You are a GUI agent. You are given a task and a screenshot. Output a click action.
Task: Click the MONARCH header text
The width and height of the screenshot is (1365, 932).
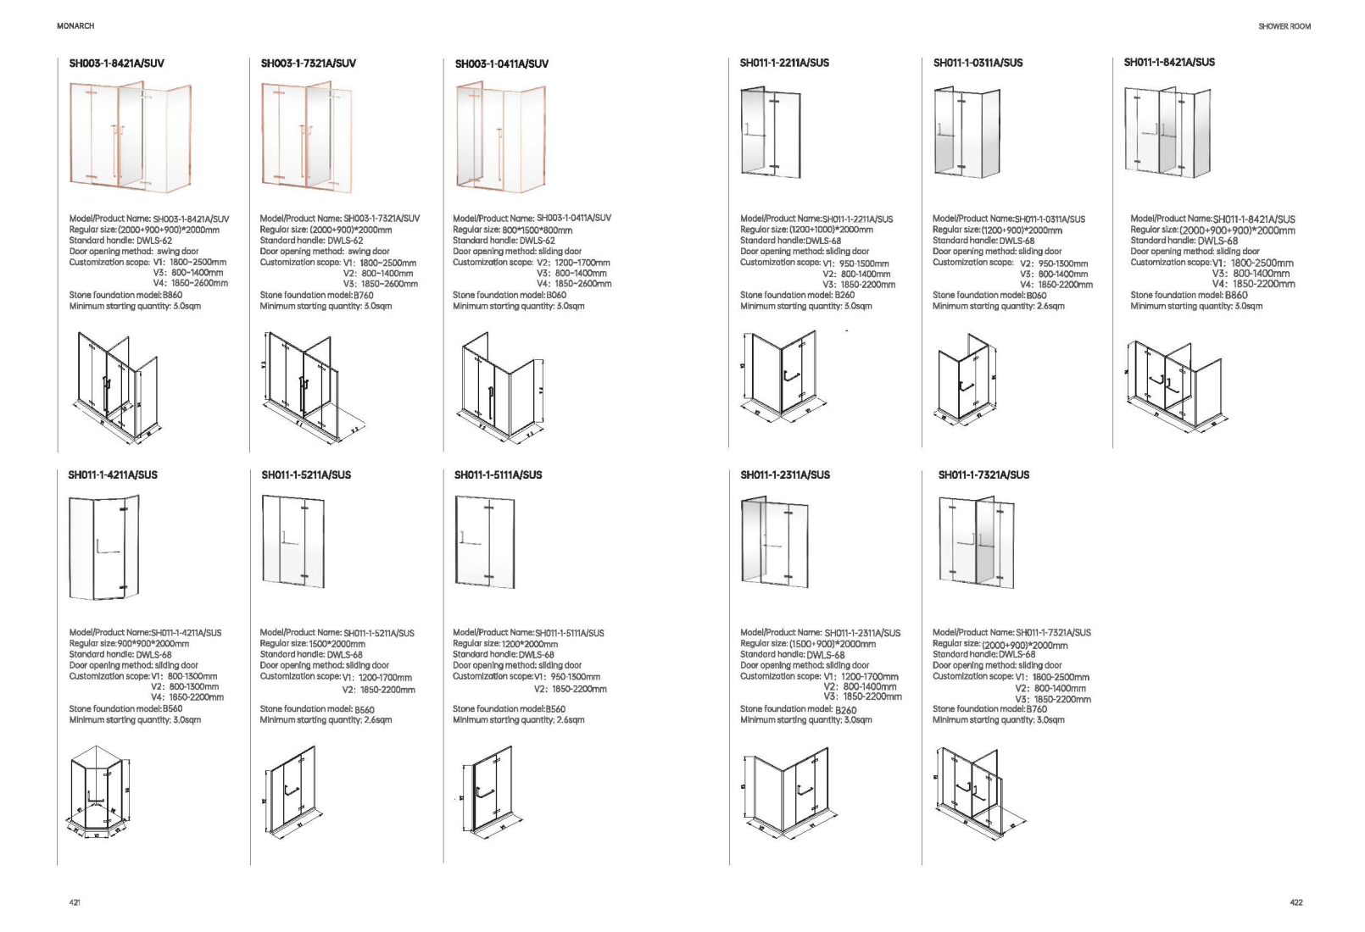(x=75, y=26)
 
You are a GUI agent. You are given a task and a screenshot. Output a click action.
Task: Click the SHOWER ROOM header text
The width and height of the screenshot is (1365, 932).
(x=1284, y=26)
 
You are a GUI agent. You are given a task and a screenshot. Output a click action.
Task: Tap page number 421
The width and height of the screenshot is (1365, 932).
(x=75, y=902)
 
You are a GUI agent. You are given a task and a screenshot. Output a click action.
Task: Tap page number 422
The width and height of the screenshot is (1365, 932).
(x=1295, y=902)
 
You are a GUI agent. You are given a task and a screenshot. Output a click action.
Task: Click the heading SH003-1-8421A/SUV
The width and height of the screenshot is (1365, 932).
(x=116, y=64)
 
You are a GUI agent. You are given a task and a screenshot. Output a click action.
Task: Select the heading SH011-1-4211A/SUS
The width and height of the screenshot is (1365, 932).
(x=113, y=475)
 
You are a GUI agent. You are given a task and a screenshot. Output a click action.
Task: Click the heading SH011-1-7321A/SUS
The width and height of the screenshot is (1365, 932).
(x=983, y=475)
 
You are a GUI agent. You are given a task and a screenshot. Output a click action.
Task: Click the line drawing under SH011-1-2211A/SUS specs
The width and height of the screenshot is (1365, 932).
(x=780, y=377)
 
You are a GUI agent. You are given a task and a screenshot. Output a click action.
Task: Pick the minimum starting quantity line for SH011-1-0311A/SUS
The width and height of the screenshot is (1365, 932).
(x=998, y=307)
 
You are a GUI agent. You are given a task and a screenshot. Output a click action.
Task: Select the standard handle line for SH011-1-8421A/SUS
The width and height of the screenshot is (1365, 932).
(x=1184, y=241)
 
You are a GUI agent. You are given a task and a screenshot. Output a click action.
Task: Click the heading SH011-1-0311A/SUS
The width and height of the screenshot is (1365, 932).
(x=978, y=63)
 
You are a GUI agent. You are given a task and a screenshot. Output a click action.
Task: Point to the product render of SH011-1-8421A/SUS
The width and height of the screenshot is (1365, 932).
(x=1167, y=133)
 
